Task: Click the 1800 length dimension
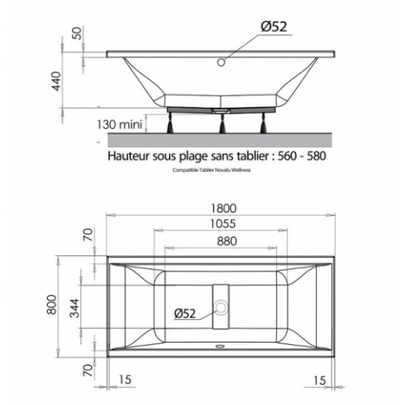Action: click(224, 208)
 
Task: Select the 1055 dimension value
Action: click(223, 224)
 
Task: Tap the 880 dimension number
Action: click(227, 241)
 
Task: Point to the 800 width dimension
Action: click(52, 305)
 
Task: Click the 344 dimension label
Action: click(75, 308)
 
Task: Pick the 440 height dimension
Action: click(56, 81)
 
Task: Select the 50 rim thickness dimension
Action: click(77, 33)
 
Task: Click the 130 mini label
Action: click(119, 125)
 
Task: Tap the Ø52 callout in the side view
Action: click(274, 27)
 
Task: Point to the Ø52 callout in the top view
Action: click(185, 313)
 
